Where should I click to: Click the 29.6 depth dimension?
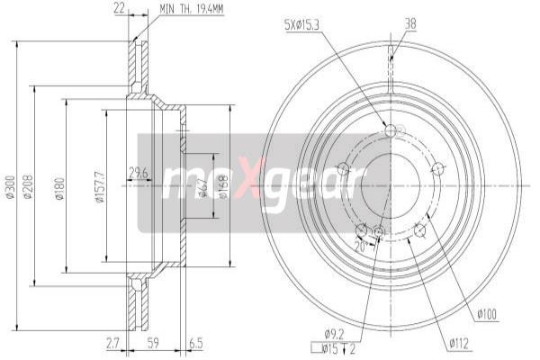pos(138,174)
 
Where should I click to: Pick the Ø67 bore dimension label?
pos(204,184)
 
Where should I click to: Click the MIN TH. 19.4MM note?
pos(193,9)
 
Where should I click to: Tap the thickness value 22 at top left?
pos(120,9)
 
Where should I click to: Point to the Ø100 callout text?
pos(488,314)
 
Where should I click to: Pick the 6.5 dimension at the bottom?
pos(195,343)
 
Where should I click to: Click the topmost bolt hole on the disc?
pos(390,131)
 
